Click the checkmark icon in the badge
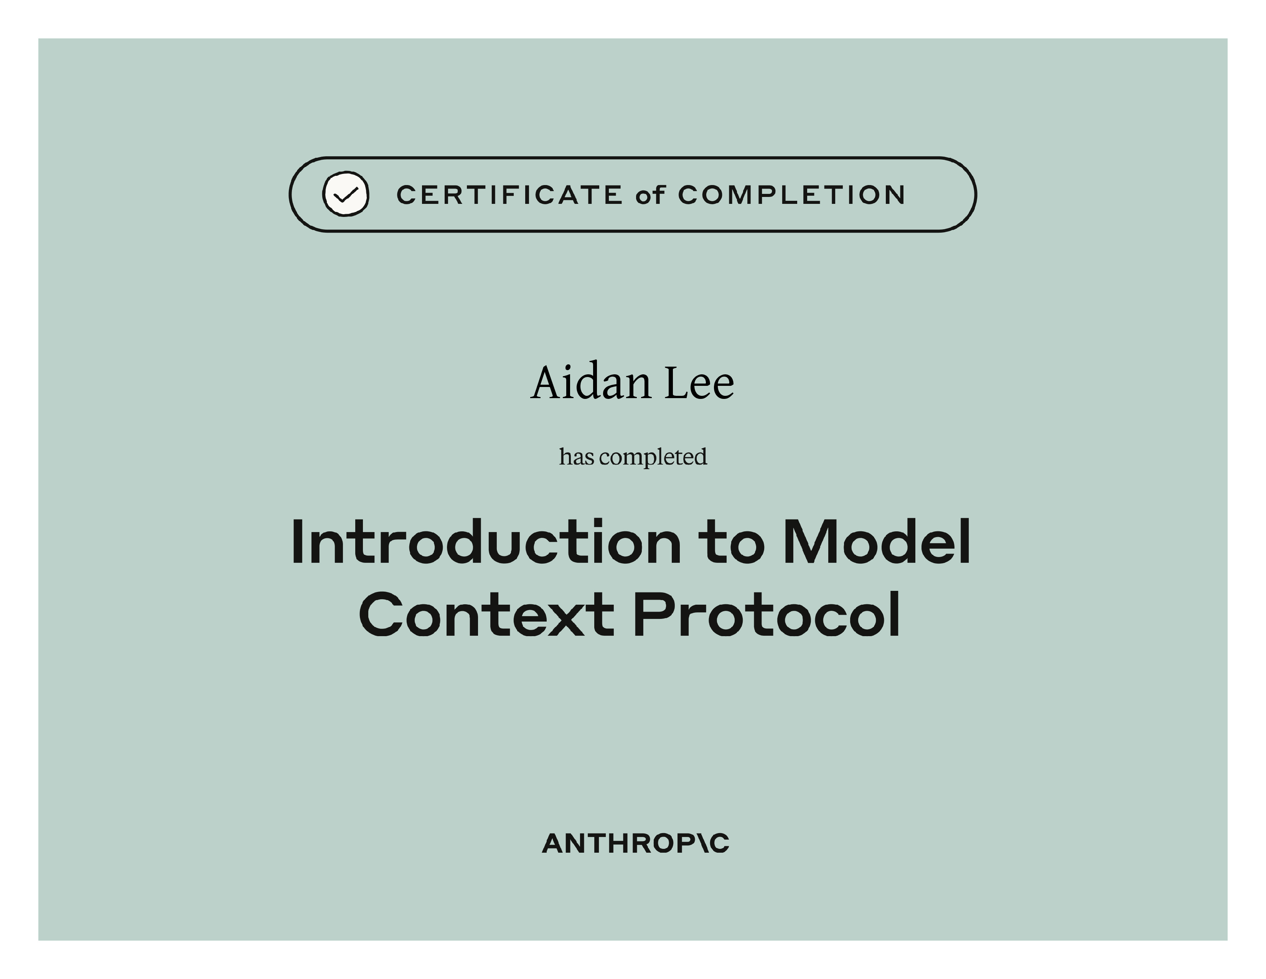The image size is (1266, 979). coord(346,194)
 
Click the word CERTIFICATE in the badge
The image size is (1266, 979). coord(509,195)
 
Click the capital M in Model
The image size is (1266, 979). coord(809,542)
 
